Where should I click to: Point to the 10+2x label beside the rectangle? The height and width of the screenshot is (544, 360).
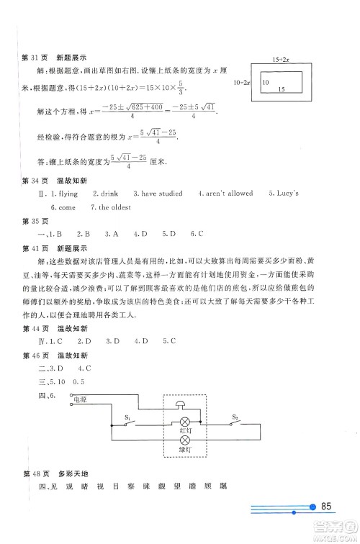(x=242, y=83)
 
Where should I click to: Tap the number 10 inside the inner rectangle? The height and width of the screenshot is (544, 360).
(x=264, y=83)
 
